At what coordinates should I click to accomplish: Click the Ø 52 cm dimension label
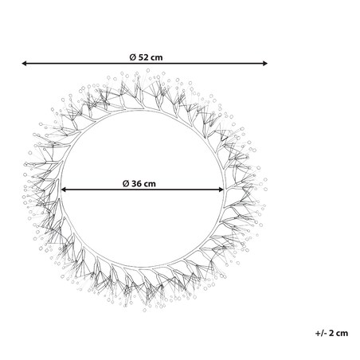(146, 57)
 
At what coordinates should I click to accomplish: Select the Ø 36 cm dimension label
(139, 183)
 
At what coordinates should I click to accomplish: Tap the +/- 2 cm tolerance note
(331, 333)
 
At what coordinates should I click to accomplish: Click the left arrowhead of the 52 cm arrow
(25, 63)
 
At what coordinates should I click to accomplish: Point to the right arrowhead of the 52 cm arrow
(264, 63)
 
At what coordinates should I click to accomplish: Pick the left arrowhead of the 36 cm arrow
(64, 190)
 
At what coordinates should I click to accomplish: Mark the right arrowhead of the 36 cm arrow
(221, 190)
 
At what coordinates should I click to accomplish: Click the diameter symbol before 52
(133, 57)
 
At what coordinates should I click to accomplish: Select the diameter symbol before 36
(126, 183)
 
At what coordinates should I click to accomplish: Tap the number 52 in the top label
(143, 57)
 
